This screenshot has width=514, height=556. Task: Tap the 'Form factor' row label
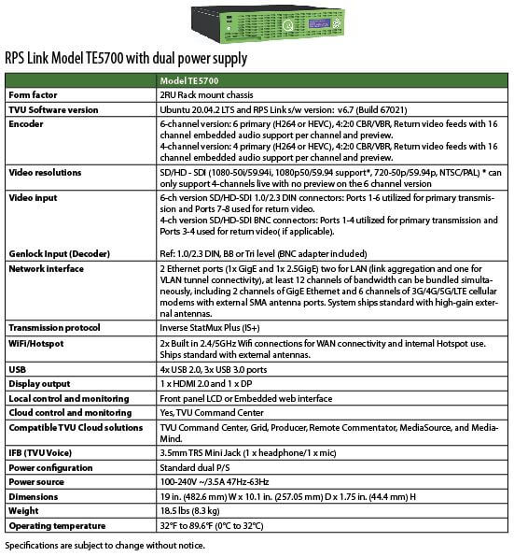click(x=35, y=95)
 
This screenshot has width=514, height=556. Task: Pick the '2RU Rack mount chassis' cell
click(x=213, y=95)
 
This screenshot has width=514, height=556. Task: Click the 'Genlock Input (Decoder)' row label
click(x=61, y=253)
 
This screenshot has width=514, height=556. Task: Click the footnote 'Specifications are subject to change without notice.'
click(x=104, y=544)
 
